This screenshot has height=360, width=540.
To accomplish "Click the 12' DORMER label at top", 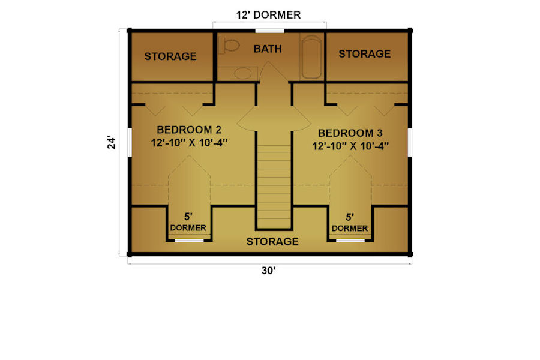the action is [x=268, y=15].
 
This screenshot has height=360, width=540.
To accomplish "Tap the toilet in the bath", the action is [x=229, y=45].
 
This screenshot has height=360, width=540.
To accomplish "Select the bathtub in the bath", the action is [x=311, y=57].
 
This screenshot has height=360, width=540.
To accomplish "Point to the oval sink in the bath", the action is [x=243, y=73].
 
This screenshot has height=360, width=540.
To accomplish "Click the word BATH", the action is [x=268, y=49].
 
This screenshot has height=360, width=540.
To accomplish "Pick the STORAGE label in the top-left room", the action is [x=170, y=56].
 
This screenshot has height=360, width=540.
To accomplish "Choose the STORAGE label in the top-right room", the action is [x=365, y=54].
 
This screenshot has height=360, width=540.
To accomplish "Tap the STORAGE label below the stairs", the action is [x=272, y=241].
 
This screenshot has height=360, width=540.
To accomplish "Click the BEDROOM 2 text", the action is [x=189, y=130].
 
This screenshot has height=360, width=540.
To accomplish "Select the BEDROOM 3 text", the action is [x=350, y=133].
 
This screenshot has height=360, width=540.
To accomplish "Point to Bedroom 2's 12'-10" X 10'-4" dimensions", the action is [x=189, y=143].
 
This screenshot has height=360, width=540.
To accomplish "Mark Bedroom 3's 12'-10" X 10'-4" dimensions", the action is [x=350, y=146].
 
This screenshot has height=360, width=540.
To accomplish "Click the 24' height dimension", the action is [x=111, y=143].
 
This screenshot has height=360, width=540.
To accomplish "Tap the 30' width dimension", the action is [x=269, y=271].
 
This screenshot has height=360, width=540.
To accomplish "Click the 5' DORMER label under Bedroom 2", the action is [x=188, y=222].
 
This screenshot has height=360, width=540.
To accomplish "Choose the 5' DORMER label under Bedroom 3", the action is [x=350, y=223].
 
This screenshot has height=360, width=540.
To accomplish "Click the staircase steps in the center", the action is [x=274, y=186].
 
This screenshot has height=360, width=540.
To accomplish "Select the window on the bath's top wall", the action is [x=269, y=31].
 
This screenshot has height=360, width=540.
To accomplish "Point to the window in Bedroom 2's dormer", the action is [x=189, y=240].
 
